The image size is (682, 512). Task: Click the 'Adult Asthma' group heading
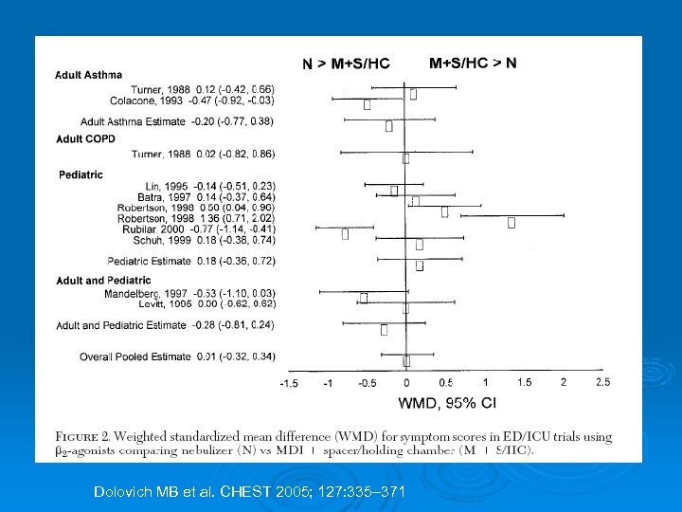coord(88,75)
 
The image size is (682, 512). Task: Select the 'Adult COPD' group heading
coord(85,138)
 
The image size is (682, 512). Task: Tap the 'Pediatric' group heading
coord(81,174)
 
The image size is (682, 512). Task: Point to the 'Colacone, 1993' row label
coord(147,100)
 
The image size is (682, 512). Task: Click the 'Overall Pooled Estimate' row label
coord(135,357)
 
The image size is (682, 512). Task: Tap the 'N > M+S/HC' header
coord(346,64)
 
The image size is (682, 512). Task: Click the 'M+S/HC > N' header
coord(473,64)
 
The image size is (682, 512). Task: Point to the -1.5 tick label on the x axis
coord(288,383)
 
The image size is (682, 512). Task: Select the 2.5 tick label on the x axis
coord(602,382)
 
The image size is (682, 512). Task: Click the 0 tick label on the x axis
coord(406,383)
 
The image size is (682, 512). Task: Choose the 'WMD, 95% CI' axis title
coord(446,404)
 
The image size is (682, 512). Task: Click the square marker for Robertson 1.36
coord(511,223)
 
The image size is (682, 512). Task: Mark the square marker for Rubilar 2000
coord(346,233)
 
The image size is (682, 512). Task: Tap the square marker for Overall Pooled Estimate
coord(406,361)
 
